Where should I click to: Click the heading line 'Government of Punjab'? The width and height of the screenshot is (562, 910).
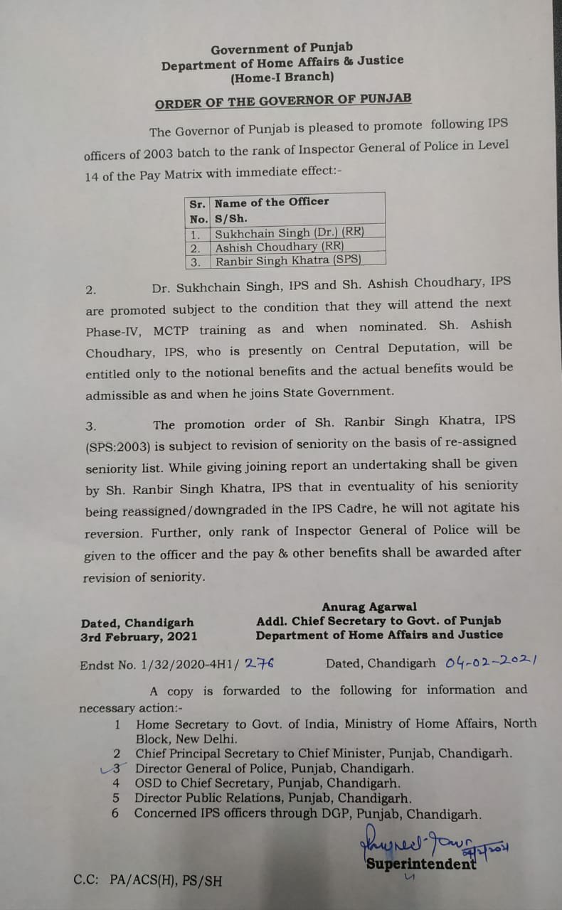(281, 49)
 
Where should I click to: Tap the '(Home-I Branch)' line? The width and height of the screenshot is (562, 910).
(282, 77)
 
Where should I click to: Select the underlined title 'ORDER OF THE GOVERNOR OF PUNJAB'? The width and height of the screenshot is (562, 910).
(283, 102)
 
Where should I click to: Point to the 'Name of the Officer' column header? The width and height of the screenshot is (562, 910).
(272, 202)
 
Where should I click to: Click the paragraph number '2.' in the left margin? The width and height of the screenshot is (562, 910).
(90, 290)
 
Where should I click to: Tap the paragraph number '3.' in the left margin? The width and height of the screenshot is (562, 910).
(90, 427)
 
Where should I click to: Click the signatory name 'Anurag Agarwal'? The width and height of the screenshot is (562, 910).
(369, 607)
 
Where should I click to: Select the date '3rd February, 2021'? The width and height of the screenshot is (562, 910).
(139, 637)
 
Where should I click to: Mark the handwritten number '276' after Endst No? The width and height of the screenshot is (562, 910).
(259, 663)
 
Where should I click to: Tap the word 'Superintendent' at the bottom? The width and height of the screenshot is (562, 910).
(420, 864)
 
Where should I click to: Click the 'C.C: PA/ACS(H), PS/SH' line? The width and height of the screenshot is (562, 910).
(147, 880)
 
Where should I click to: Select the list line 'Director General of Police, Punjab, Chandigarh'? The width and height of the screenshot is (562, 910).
(275, 769)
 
